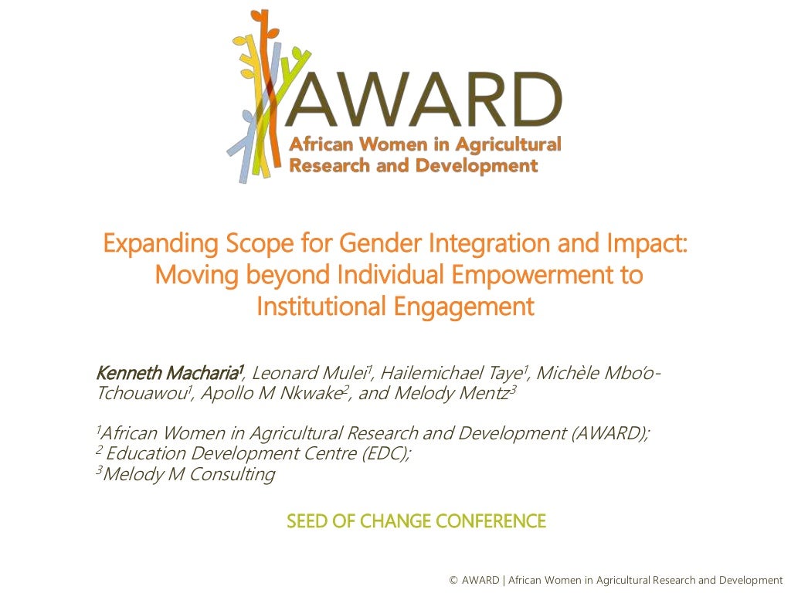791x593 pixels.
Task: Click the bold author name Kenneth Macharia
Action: (169, 373)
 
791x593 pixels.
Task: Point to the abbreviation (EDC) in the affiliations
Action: (384, 453)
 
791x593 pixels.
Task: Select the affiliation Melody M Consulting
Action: (188, 474)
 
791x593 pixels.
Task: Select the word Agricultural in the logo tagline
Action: (508, 144)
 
